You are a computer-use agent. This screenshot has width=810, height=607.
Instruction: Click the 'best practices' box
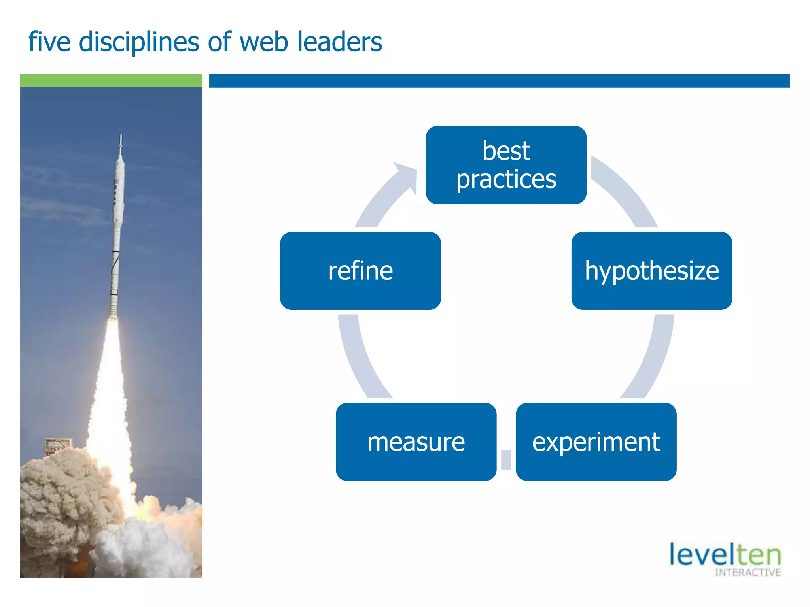(x=506, y=165)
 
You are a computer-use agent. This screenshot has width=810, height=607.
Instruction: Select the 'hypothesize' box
(x=651, y=271)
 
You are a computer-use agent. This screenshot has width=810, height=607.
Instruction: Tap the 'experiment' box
(x=596, y=441)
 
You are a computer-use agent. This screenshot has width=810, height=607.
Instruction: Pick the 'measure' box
(x=416, y=441)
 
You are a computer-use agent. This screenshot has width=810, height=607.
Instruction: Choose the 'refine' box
(x=360, y=271)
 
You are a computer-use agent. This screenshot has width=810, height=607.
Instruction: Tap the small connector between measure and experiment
(x=506, y=460)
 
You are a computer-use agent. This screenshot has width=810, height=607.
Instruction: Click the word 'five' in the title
(x=49, y=42)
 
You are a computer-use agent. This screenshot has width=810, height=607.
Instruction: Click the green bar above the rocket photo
(x=111, y=80)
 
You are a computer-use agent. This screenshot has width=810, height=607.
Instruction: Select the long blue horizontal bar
(x=499, y=81)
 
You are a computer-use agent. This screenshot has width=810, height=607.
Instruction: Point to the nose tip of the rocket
(x=121, y=137)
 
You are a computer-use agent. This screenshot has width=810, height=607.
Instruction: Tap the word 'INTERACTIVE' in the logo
(x=748, y=573)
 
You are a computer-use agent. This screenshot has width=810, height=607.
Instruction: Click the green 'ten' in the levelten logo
(x=759, y=555)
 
